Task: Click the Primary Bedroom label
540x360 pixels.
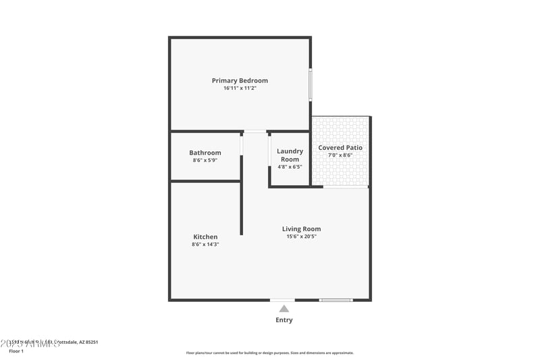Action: [240, 80]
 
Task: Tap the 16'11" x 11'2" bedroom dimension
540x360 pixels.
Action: [240, 88]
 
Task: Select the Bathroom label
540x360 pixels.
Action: [205, 153]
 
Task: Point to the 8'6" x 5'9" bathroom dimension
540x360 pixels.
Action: [205, 161]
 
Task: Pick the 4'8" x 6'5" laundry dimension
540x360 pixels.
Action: [290, 166]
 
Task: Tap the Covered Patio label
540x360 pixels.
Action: [340, 147]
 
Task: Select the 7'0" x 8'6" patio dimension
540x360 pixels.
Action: [340, 155]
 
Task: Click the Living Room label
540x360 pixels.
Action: [301, 229]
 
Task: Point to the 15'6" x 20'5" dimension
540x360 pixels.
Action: [301, 237]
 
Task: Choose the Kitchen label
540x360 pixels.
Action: [205, 236]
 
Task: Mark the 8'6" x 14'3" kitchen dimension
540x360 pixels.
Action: [205, 245]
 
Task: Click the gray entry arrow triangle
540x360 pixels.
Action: [284, 309]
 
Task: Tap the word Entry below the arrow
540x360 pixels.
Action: [284, 320]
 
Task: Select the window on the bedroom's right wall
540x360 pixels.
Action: [310, 84]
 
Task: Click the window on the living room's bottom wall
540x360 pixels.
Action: [335, 300]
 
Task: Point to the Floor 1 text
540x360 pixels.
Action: [16, 351]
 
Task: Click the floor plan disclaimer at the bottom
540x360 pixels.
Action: [269, 353]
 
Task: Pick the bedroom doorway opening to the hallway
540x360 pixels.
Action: [254, 131]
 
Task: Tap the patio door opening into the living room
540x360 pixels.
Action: [346, 186]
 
